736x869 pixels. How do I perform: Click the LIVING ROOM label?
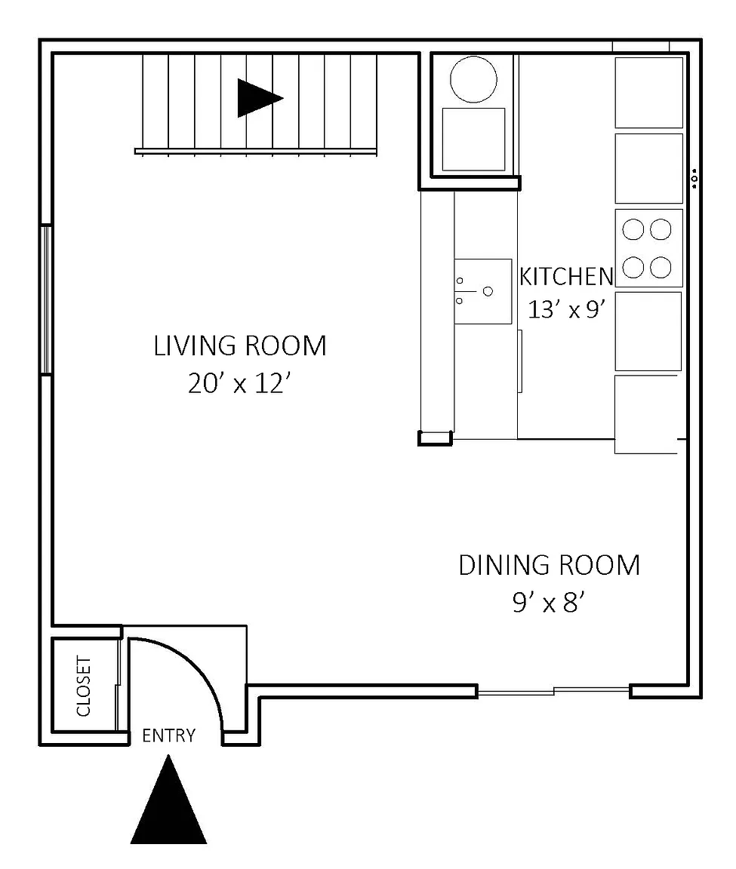click(239, 345)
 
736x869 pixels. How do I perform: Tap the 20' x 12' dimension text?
click(239, 383)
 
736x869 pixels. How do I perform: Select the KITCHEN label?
click(566, 277)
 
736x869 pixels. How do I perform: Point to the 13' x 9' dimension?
click(566, 309)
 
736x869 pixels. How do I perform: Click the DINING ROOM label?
click(549, 565)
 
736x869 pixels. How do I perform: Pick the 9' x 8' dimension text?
click(549, 602)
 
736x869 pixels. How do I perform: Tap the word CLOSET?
click(83, 686)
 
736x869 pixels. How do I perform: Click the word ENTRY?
click(168, 735)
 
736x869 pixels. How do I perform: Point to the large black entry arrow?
click(168, 800)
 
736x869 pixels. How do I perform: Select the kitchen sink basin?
click(482, 291)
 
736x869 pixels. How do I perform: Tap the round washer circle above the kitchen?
click(473, 79)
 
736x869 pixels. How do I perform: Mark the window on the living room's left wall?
click(47, 299)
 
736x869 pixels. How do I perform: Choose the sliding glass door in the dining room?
click(553, 691)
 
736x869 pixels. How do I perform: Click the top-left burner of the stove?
click(633, 229)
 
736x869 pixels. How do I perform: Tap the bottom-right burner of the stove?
click(661, 267)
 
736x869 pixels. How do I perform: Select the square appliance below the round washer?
click(473, 139)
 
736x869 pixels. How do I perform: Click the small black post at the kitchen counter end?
click(436, 438)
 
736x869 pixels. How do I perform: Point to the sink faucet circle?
click(488, 291)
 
